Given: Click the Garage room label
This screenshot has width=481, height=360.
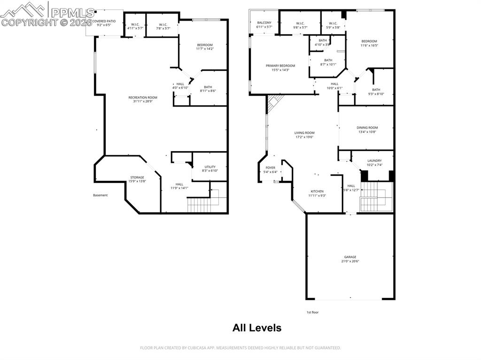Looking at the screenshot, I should (x=350, y=257).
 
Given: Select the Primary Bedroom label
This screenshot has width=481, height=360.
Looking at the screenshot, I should (x=280, y=66).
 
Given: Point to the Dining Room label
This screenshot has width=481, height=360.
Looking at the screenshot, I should (x=367, y=128).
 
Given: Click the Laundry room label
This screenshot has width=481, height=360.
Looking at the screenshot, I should (x=374, y=161).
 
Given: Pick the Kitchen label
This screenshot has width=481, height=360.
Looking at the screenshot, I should (x=317, y=191).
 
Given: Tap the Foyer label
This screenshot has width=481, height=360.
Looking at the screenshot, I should (x=271, y=168).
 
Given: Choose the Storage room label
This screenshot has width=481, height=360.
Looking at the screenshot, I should (x=138, y=177).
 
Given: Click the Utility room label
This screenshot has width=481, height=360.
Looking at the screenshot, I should (x=209, y=167).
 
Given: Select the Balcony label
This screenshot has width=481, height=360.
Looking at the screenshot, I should (x=264, y=23).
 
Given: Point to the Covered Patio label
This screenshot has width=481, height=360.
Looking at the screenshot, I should (x=104, y=21).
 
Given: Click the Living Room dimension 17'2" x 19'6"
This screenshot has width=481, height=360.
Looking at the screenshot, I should (x=304, y=137).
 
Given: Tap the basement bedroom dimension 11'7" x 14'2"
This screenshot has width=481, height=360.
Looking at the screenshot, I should (x=205, y=49).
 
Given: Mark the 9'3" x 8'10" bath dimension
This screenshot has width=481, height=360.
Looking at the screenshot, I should (x=376, y=94).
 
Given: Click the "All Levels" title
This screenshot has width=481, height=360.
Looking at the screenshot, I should (x=257, y=328).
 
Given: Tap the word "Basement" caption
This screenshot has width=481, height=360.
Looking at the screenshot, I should (x=100, y=195).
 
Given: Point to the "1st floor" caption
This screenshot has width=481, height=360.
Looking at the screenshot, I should (x=312, y=312).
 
